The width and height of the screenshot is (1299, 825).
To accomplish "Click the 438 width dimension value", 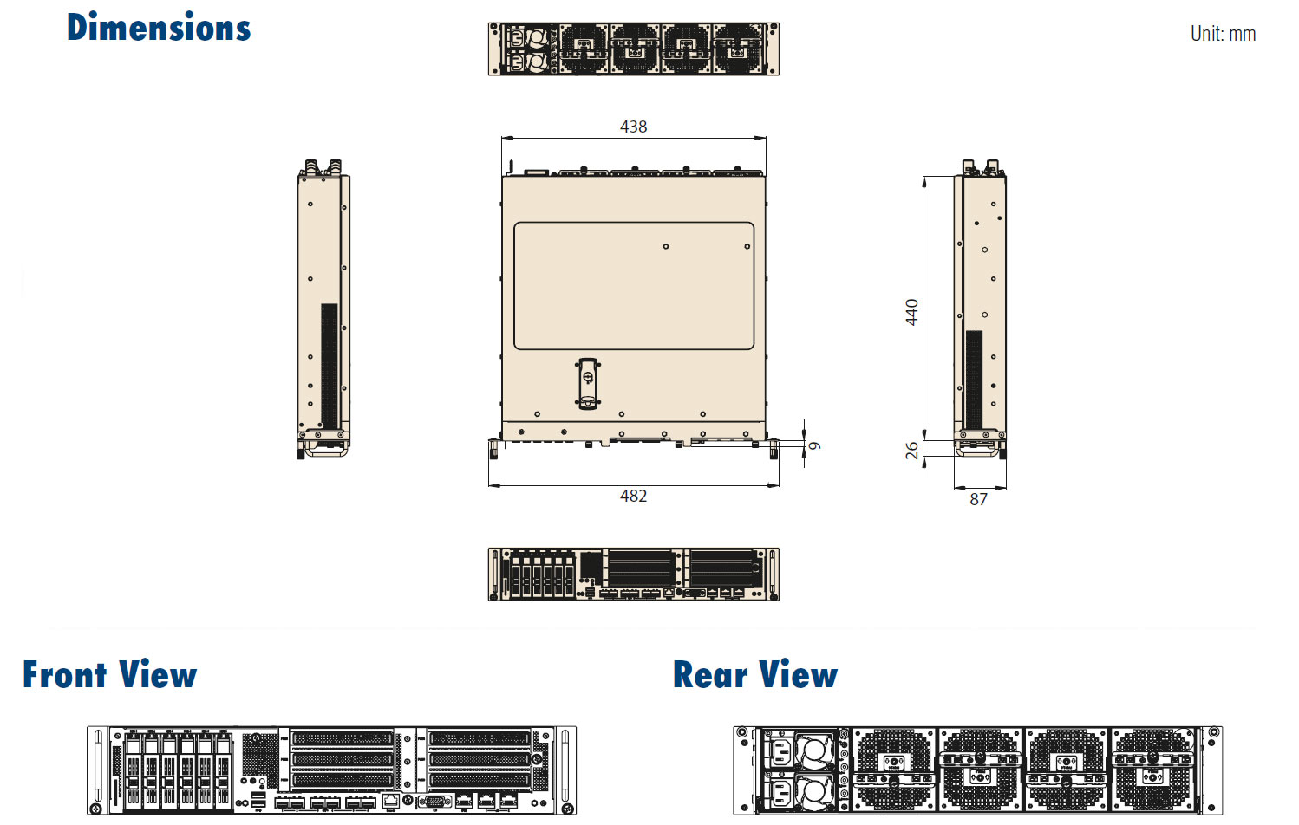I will (x=633, y=127).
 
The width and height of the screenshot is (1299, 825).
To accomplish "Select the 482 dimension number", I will (x=633, y=496).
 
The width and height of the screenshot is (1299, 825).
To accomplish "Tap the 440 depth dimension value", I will (x=911, y=312).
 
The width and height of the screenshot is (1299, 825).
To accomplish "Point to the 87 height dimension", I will (x=978, y=499).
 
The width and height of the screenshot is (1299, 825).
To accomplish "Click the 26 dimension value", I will (x=911, y=451).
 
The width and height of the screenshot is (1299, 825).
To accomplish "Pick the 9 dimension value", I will (x=814, y=445).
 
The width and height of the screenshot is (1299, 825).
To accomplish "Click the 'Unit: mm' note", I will (x=1222, y=34).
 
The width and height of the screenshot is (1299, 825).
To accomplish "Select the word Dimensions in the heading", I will (x=159, y=28).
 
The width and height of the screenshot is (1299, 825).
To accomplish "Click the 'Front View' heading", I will (x=110, y=674).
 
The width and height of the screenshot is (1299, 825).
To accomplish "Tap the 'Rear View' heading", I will (x=755, y=674).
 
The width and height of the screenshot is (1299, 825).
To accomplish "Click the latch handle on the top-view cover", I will (x=588, y=382).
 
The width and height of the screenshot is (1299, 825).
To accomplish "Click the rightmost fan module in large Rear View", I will (x=1153, y=768).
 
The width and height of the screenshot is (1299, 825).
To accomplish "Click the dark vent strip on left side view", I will (x=329, y=366).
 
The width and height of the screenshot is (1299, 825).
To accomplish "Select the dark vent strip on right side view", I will (x=974, y=380).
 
